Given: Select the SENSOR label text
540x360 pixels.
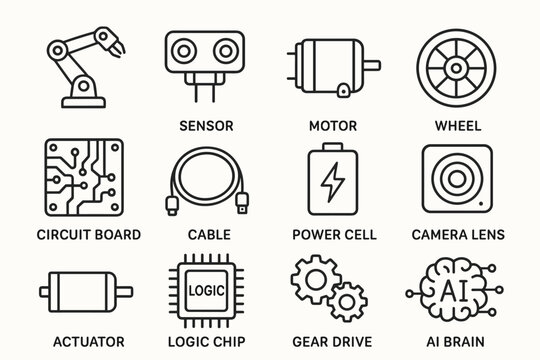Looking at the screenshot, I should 205,127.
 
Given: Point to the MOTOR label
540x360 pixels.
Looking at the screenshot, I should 333,127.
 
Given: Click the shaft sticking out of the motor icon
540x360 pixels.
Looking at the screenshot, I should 372,65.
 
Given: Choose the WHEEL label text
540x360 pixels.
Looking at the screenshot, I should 458,127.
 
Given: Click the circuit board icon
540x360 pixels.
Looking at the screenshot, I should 84,176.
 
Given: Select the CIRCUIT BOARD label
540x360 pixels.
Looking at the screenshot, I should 88,235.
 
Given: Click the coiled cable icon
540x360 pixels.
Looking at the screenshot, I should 207,180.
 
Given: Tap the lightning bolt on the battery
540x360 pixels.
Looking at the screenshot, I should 332,184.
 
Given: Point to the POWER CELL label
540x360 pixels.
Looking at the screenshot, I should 334,235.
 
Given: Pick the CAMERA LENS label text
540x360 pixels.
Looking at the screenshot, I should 458,235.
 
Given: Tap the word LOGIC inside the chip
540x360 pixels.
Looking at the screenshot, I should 207,290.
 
